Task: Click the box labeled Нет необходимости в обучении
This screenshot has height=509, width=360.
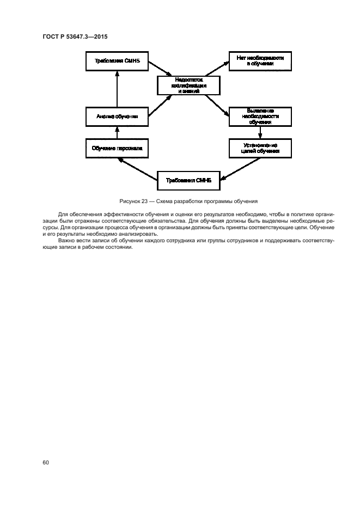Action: click(x=259, y=60)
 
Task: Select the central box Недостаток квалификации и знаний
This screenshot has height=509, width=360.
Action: click(x=188, y=84)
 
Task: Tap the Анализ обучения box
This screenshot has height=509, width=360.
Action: click(x=117, y=116)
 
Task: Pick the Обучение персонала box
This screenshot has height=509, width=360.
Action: click(x=117, y=148)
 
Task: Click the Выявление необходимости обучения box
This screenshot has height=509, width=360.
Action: click(x=260, y=116)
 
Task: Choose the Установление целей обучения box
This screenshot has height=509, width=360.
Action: click(x=260, y=148)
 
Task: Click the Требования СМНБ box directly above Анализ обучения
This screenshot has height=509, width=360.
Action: click(x=117, y=60)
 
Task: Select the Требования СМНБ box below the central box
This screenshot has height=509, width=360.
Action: click(x=188, y=180)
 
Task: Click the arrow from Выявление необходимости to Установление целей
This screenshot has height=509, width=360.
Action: click(x=260, y=132)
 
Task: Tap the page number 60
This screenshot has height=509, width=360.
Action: click(x=45, y=463)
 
